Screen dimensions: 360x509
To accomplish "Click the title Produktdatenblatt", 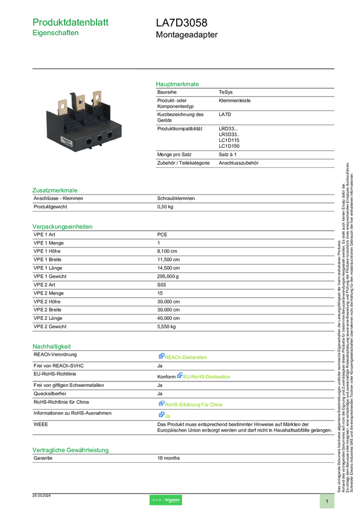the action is tap(71, 22).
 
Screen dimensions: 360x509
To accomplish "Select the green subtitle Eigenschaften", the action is tap(56, 34).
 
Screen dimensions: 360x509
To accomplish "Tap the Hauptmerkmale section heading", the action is tap(177, 84).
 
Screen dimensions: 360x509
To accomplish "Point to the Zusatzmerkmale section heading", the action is tap(55, 190).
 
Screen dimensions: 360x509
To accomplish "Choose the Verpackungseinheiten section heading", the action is tap(62, 226).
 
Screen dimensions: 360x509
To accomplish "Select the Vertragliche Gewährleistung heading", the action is tap(70, 449).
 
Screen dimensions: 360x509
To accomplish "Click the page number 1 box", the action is tap(327, 501).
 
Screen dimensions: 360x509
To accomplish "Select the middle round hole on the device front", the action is tap(99, 138).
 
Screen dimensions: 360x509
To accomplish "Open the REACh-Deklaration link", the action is tap(187, 356).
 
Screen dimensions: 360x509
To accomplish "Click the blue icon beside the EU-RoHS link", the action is tap(179, 376).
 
